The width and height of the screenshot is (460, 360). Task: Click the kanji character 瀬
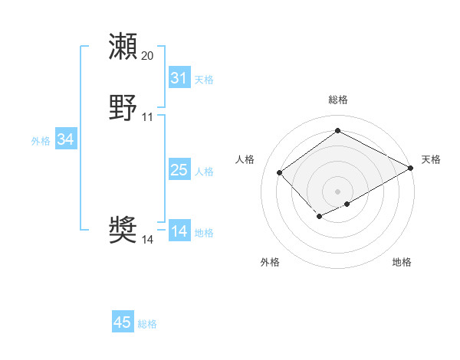coord(123,46)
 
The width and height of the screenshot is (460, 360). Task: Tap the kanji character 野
coord(123,109)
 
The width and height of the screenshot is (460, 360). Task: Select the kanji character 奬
coord(123,229)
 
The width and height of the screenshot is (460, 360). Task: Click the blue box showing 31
coord(179,78)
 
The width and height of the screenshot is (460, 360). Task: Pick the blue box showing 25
coord(179,170)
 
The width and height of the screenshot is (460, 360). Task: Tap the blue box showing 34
coord(65,139)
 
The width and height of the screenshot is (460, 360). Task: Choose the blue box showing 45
coord(123,322)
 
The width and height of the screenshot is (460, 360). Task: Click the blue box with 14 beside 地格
coord(179,231)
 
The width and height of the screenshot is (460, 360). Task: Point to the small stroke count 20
coord(148,56)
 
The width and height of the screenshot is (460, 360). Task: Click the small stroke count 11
coord(148,117)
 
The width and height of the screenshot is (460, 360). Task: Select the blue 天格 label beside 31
coord(204,80)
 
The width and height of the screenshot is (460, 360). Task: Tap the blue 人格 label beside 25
coord(204,172)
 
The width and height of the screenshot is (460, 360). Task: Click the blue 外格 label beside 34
coord(41,141)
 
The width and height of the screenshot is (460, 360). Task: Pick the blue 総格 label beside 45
coord(147,324)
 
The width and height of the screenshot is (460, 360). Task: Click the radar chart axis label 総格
coord(338,100)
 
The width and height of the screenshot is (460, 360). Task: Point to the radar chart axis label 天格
coord(431,159)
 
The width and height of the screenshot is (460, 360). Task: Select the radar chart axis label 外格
coord(270,262)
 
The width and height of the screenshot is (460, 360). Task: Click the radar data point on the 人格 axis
coord(280,172)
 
